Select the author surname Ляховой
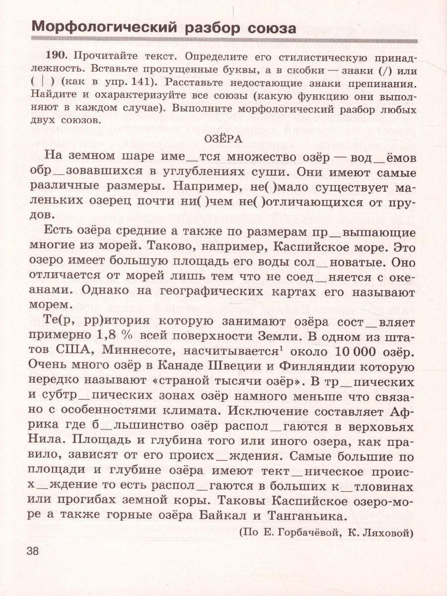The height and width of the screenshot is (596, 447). (387, 533)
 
